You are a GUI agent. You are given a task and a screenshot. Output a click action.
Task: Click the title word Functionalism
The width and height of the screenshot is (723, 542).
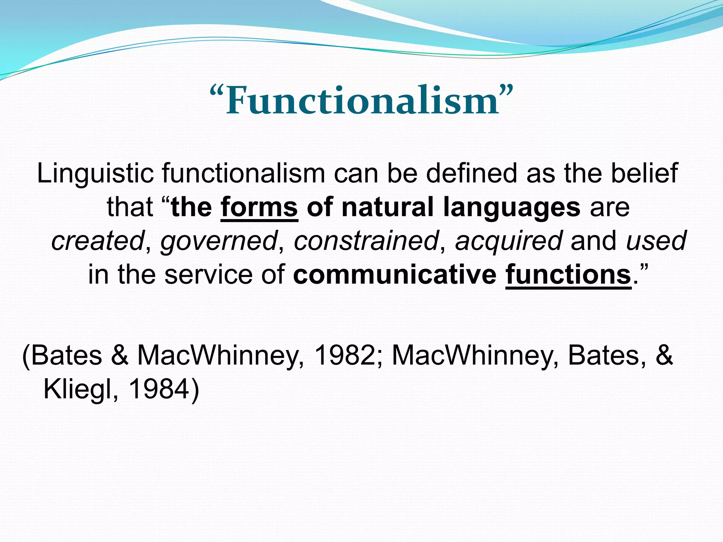[361, 102]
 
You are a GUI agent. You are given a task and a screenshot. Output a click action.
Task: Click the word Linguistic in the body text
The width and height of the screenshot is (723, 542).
[95, 174]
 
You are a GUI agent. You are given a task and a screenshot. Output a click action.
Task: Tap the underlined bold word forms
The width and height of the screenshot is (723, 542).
[259, 207]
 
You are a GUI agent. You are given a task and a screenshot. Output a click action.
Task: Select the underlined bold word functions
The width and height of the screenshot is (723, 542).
[568, 275]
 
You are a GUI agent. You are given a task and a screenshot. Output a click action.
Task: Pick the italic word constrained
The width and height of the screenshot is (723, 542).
[366, 241]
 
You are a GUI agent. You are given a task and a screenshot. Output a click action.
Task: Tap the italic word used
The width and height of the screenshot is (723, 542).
[656, 241]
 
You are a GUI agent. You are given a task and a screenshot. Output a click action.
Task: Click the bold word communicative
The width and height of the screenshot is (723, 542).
[395, 275]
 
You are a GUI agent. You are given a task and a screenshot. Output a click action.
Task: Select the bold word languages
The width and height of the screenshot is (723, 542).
[512, 208]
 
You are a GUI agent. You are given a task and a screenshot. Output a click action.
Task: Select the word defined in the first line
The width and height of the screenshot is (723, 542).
[472, 174]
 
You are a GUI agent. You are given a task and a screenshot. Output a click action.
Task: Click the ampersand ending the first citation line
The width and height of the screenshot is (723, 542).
[664, 355]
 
